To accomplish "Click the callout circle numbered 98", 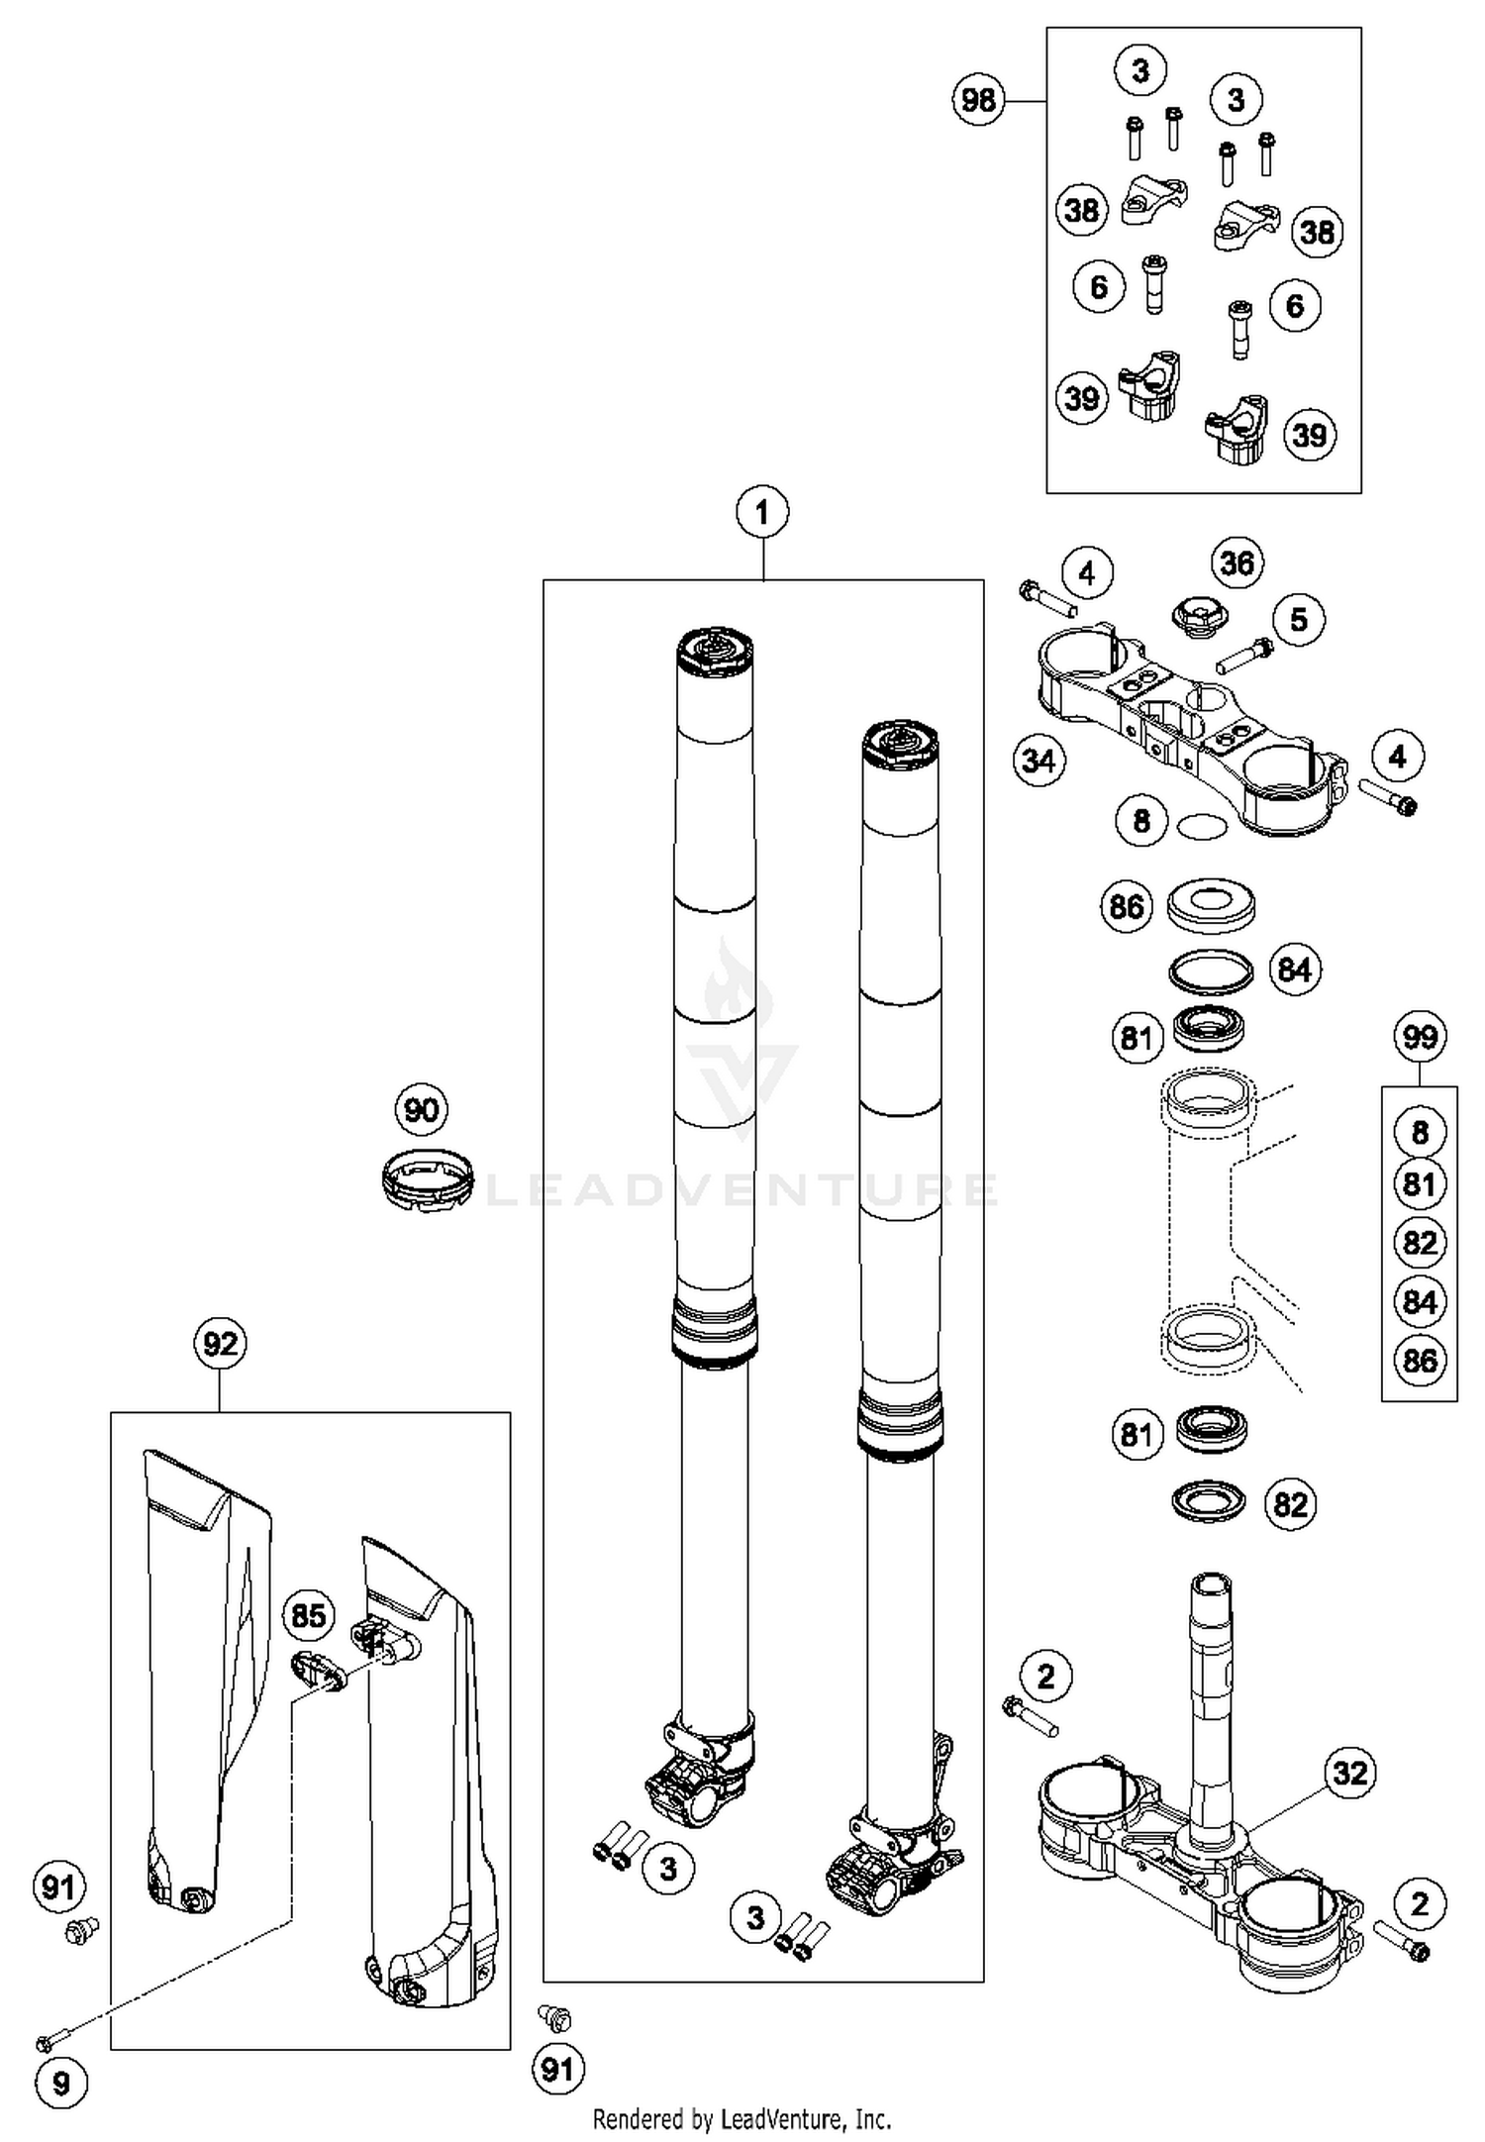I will (978, 100).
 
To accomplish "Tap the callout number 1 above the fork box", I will (761, 513).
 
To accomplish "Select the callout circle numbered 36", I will (1237, 562).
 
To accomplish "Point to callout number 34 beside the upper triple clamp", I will (1039, 761).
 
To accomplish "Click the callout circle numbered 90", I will (422, 1109).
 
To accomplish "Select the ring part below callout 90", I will (427, 1177).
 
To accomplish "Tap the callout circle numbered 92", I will (220, 1344).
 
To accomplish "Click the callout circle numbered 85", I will (309, 1616).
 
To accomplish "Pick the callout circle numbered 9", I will (61, 2084).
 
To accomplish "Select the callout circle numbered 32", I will (1351, 1772).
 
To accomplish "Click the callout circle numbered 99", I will (1420, 1037).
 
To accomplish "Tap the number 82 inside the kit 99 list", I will (1420, 1242).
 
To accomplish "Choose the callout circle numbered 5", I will (1298, 620).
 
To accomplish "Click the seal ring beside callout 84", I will (1210, 970).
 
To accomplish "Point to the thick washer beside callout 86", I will (1210, 905).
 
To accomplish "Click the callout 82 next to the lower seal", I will (1291, 1504).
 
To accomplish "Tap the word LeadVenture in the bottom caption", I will (781, 2119).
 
